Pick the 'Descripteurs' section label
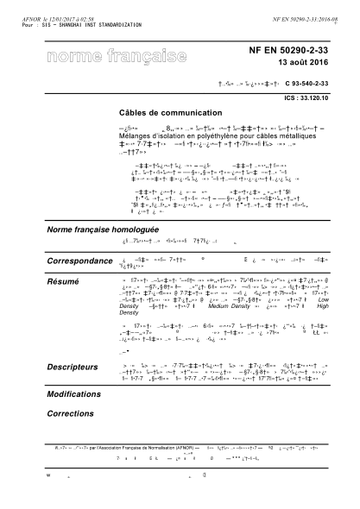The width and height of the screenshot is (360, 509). coord(74,368)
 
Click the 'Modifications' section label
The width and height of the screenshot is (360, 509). coord(74,393)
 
